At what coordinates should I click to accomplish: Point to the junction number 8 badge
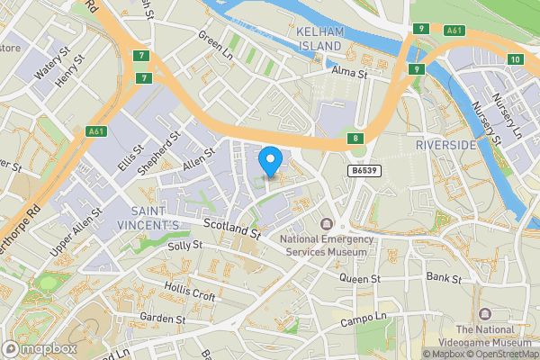click(x=356, y=139)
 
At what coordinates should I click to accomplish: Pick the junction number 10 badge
click(x=514, y=59)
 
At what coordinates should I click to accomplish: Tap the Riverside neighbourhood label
click(x=445, y=145)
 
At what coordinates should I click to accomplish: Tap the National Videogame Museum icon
click(x=485, y=314)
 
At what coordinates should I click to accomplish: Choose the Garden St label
click(x=162, y=319)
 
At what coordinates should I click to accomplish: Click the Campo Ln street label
click(x=363, y=320)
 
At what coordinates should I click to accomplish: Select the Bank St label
click(x=444, y=278)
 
